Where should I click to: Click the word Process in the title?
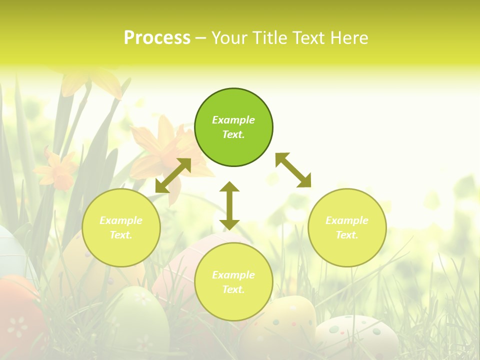click(157, 38)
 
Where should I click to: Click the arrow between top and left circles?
click(173, 175)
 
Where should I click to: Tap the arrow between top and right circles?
click(293, 170)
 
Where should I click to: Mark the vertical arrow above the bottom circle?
click(229, 205)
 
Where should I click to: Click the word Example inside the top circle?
click(233, 120)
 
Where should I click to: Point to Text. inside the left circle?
click(121, 235)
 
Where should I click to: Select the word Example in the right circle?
click(347, 220)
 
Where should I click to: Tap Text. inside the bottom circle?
click(233, 289)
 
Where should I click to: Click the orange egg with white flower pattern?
click(17, 320)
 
